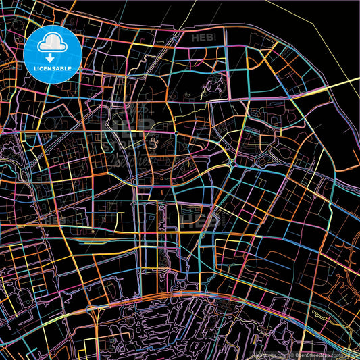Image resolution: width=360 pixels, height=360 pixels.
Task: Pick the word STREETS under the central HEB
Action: point(128,141)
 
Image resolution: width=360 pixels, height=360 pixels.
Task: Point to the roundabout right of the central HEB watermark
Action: point(175,134)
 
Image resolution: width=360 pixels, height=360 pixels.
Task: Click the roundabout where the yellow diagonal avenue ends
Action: point(232,163)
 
